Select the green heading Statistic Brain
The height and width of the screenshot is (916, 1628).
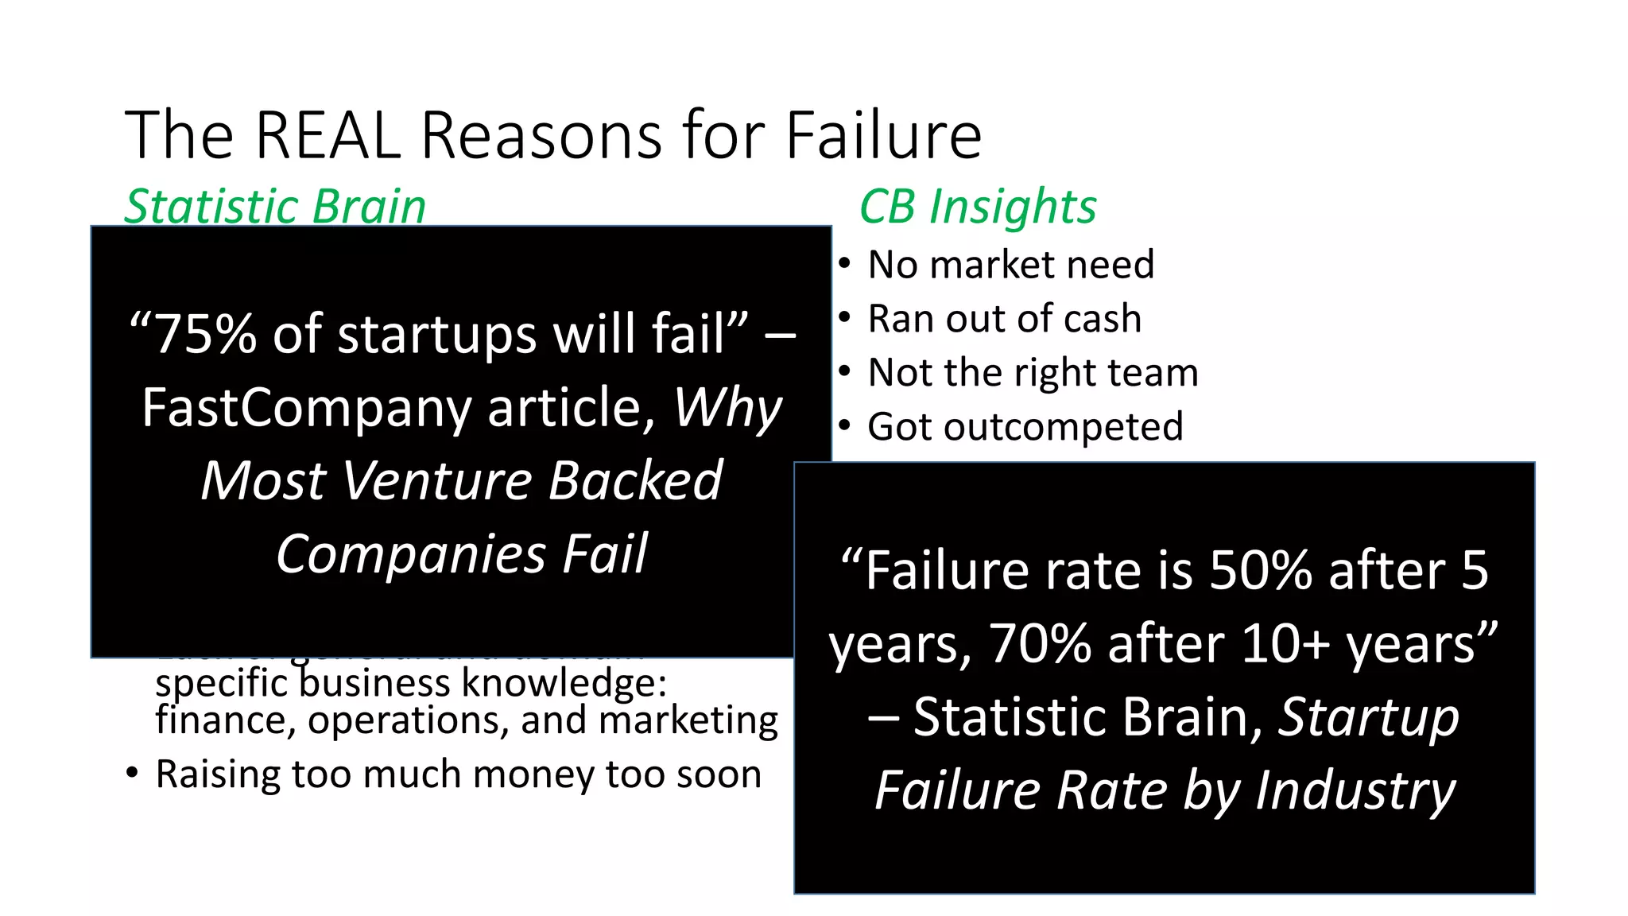click(275, 207)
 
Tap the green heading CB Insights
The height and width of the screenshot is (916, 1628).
click(978, 207)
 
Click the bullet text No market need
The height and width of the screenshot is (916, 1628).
click(1010, 265)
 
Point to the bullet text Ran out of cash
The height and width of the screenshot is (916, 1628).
click(1004, 319)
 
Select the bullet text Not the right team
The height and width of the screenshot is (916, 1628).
click(1033, 373)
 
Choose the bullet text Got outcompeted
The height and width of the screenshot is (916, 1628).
click(1025, 427)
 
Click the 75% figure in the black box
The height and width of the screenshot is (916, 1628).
click(204, 334)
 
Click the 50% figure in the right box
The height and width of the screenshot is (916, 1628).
click(1259, 571)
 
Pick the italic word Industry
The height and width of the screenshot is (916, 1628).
click(1355, 791)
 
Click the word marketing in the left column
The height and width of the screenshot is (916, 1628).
click(688, 720)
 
